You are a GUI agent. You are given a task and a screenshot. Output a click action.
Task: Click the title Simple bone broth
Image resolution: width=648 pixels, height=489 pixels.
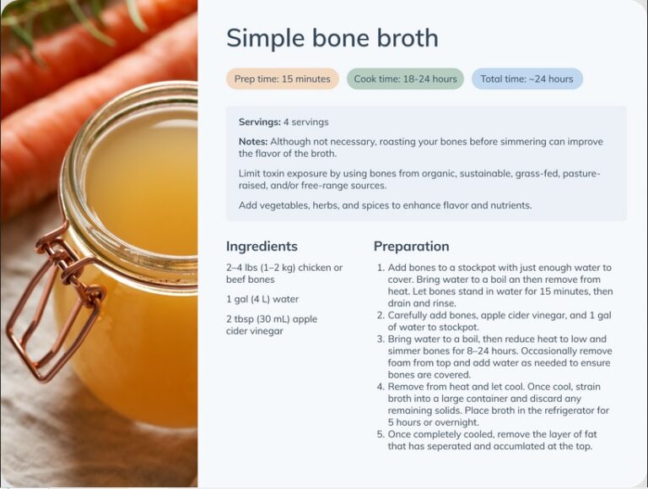click(x=332, y=38)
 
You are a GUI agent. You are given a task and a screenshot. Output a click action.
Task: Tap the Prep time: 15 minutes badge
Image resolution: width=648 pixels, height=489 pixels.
click(x=282, y=79)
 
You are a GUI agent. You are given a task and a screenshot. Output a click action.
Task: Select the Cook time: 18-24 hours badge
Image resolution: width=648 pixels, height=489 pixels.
click(x=405, y=79)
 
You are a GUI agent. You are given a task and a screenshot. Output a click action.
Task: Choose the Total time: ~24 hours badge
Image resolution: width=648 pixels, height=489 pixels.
click(x=526, y=79)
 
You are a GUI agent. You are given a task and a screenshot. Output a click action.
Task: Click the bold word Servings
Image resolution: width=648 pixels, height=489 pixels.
click(x=258, y=122)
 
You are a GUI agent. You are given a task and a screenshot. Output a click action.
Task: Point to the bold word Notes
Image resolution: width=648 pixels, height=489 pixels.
click(x=253, y=142)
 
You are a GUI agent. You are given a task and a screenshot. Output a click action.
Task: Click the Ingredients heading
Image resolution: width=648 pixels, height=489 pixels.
click(x=262, y=247)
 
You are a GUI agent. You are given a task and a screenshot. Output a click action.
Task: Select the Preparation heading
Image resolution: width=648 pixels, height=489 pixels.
click(x=411, y=247)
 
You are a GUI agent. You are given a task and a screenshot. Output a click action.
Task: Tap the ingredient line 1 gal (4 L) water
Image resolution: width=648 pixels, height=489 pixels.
click(x=262, y=299)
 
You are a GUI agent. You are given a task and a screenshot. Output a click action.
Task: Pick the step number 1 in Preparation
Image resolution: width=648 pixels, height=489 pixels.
click(x=380, y=268)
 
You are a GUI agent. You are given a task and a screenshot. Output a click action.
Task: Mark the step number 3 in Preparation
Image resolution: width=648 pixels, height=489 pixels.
click(x=380, y=339)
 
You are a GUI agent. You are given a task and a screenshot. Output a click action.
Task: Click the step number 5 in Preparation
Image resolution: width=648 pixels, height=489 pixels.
click(x=380, y=434)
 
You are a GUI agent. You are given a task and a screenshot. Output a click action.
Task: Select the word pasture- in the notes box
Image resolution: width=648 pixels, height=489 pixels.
click(x=580, y=173)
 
